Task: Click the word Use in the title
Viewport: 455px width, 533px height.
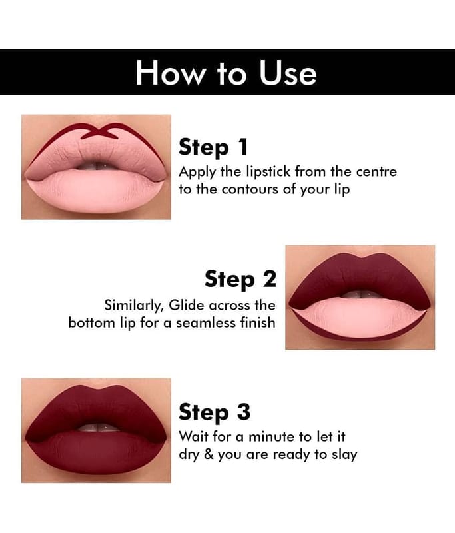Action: tap(288, 73)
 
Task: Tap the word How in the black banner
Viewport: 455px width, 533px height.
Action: tap(169, 73)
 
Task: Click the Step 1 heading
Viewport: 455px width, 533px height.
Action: tap(213, 147)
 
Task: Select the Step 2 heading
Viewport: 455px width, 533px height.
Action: tap(240, 279)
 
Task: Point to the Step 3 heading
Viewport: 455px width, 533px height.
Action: tap(215, 412)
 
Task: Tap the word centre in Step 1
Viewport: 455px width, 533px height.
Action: tap(376, 172)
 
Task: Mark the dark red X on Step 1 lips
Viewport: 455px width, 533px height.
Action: tap(99, 131)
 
